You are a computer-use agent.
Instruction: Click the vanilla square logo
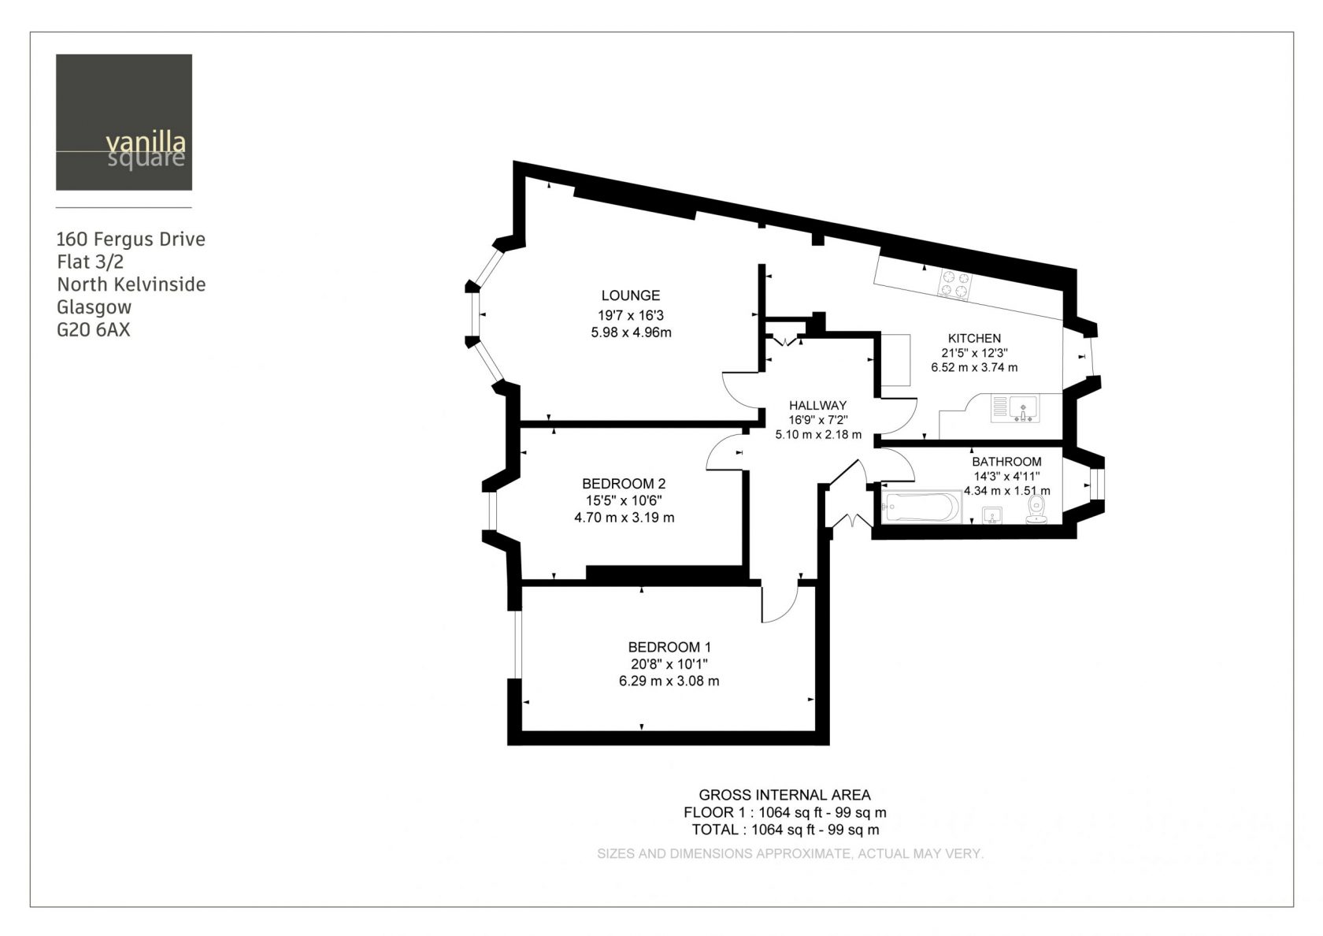point(124,122)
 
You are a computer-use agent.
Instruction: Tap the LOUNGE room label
point(630,295)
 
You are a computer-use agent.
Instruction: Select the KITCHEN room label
point(975,339)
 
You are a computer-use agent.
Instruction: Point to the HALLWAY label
point(817,405)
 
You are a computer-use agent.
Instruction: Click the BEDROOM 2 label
point(624,484)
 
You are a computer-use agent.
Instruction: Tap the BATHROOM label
point(1006,462)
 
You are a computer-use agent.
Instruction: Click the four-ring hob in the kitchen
point(954,284)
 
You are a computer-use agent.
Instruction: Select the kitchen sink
point(1016,409)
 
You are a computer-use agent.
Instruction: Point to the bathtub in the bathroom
point(921,507)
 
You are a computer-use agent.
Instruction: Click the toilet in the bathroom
point(1036,509)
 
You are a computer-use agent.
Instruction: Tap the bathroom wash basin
point(992,516)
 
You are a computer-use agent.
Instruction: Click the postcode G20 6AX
point(93,329)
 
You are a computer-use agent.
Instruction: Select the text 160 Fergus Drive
point(131,240)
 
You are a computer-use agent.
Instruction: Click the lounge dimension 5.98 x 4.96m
point(631,332)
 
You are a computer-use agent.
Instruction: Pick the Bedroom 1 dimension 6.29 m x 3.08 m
point(669,681)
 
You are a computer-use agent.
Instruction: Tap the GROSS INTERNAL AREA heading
point(784,796)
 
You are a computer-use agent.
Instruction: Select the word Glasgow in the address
point(94,308)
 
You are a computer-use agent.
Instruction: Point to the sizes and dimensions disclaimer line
point(791,854)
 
